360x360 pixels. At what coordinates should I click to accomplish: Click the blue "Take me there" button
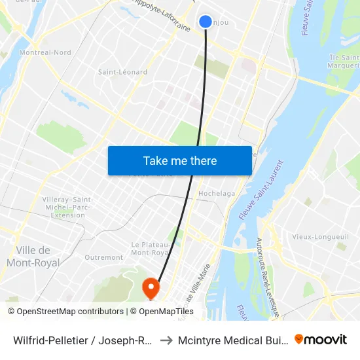[180, 160]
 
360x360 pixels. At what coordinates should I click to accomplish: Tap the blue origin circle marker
[206, 22]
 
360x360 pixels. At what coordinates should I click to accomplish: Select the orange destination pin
[151, 287]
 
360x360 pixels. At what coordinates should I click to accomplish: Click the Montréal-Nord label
[45, 52]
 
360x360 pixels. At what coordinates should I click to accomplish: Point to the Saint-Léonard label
[122, 72]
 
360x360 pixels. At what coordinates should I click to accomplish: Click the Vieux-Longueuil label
[314, 236]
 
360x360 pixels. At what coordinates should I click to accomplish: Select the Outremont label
[104, 257]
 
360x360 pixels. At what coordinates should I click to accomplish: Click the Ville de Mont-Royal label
[33, 257]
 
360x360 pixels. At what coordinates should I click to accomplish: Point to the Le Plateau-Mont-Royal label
[151, 248]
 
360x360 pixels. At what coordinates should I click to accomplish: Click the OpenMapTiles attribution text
[166, 312]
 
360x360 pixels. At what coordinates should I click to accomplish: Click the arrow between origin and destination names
[166, 340]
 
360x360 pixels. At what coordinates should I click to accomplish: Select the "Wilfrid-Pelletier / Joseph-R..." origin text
[83, 340]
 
